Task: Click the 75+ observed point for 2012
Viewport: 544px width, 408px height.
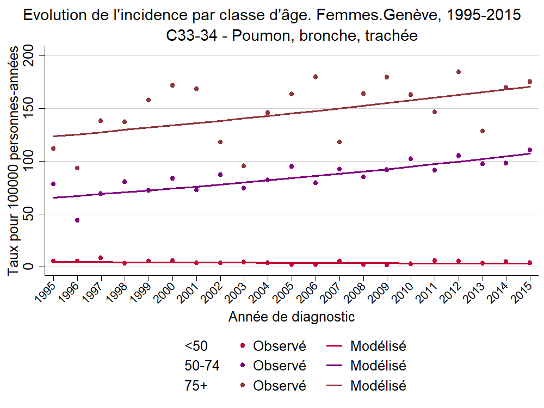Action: click(x=459, y=72)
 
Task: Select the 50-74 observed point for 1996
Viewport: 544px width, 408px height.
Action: click(x=77, y=220)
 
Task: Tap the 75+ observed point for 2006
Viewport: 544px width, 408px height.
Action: click(x=316, y=77)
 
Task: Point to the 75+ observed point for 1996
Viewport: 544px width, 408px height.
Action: click(x=77, y=168)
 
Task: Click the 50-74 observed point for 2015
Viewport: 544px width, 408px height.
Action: click(x=530, y=150)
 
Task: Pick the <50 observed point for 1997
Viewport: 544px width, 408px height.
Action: click(x=101, y=258)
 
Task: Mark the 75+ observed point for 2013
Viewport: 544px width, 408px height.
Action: click(x=483, y=131)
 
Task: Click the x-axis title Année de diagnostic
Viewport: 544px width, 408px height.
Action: click(x=292, y=317)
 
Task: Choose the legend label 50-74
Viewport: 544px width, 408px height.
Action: click(x=202, y=366)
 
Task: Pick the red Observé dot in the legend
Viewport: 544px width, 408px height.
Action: click(x=242, y=345)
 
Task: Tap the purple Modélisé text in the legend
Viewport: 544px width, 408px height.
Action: click(x=379, y=366)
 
